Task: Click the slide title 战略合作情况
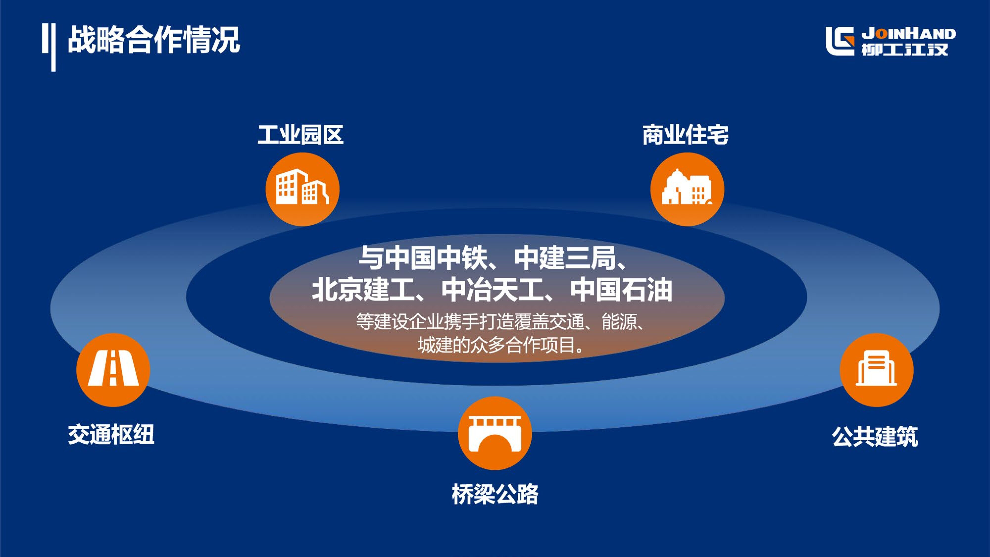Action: pos(154,40)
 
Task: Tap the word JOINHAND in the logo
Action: pos(909,34)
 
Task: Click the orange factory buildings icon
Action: pos(302,189)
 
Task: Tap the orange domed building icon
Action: pos(687,189)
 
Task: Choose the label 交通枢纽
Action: pos(111,434)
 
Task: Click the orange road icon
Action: pos(113,370)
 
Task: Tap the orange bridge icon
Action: pos(495,433)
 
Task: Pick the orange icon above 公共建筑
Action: pos(877,370)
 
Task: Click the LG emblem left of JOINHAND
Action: pos(840,41)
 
